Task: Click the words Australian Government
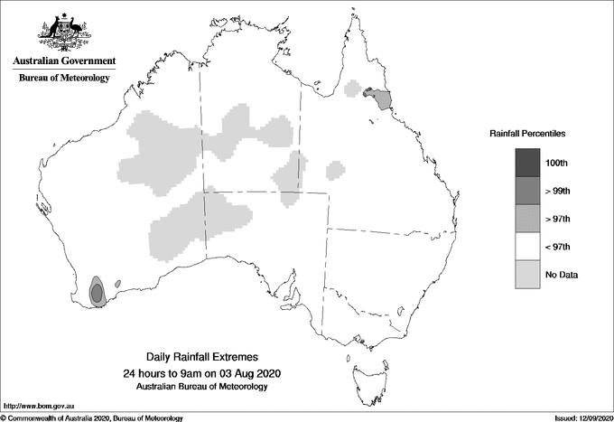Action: (64, 61)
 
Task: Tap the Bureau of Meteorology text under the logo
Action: (64, 78)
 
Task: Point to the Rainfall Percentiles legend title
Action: (527, 134)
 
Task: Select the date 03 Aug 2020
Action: (248, 372)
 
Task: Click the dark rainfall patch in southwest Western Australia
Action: (97, 292)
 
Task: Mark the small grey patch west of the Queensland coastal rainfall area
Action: (353, 88)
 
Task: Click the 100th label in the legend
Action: (556, 163)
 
